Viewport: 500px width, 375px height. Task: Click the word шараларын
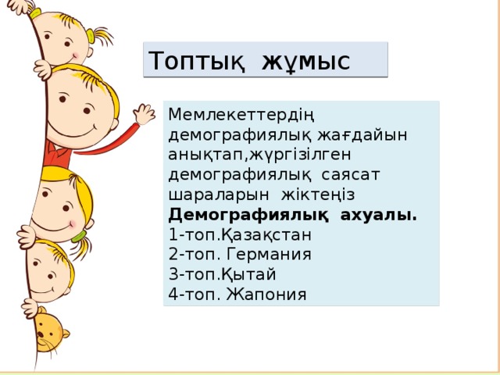(x=205, y=193)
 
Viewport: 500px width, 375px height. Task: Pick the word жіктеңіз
(x=309, y=193)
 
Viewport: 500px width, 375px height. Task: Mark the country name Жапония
(x=269, y=295)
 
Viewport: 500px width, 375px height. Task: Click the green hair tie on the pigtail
(x=79, y=234)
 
